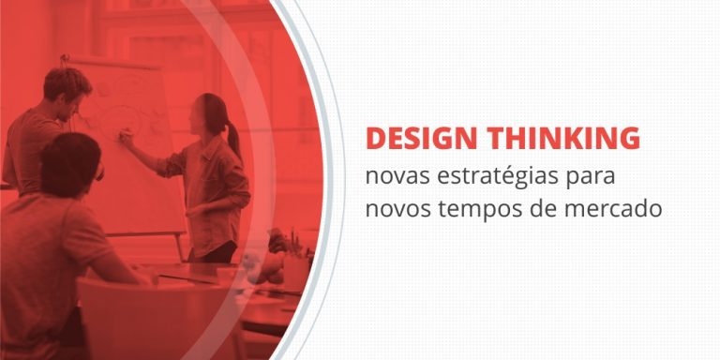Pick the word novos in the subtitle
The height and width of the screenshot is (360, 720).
click(397, 207)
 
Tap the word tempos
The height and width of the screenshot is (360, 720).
click(475, 208)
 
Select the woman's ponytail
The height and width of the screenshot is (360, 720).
click(232, 137)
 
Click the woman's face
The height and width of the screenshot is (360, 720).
click(199, 118)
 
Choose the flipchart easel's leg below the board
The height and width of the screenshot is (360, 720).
click(181, 247)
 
